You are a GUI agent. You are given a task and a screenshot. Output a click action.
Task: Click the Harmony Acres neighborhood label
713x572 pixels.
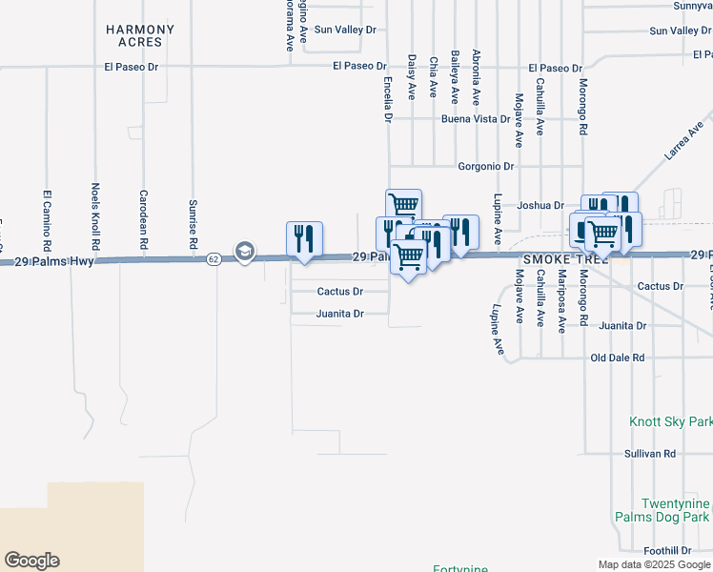(x=140, y=36)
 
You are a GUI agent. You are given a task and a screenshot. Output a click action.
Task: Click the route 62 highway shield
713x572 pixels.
(x=214, y=258)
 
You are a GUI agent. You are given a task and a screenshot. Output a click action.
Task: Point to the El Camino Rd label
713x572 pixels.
(x=46, y=220)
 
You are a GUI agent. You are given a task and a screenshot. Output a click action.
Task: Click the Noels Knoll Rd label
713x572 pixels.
(x=94, y=217)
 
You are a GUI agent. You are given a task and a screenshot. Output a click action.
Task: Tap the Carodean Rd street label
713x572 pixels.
(x=143, y=218)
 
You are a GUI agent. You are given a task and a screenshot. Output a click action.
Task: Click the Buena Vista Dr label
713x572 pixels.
(x=476, y=120)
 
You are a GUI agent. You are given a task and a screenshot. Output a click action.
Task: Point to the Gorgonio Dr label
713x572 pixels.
(x=485, y=166)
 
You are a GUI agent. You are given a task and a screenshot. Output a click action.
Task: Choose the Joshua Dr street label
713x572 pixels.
(x=540, y=205)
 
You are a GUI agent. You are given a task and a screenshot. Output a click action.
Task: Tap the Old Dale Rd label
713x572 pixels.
(x=618, y=357)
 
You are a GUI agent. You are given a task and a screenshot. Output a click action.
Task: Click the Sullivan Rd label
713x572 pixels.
(x=650, y=454)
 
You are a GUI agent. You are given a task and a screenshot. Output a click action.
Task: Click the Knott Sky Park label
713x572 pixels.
(x=671, y=420)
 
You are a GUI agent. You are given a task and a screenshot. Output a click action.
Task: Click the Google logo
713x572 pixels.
(x=31, y=561)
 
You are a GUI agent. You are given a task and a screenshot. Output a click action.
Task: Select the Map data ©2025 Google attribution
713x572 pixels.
(x=653, y=564)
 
